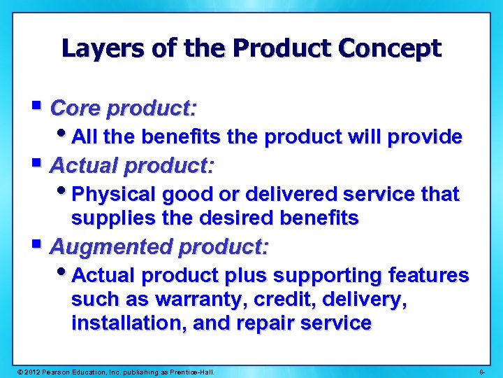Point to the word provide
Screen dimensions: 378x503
coord(428,136)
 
